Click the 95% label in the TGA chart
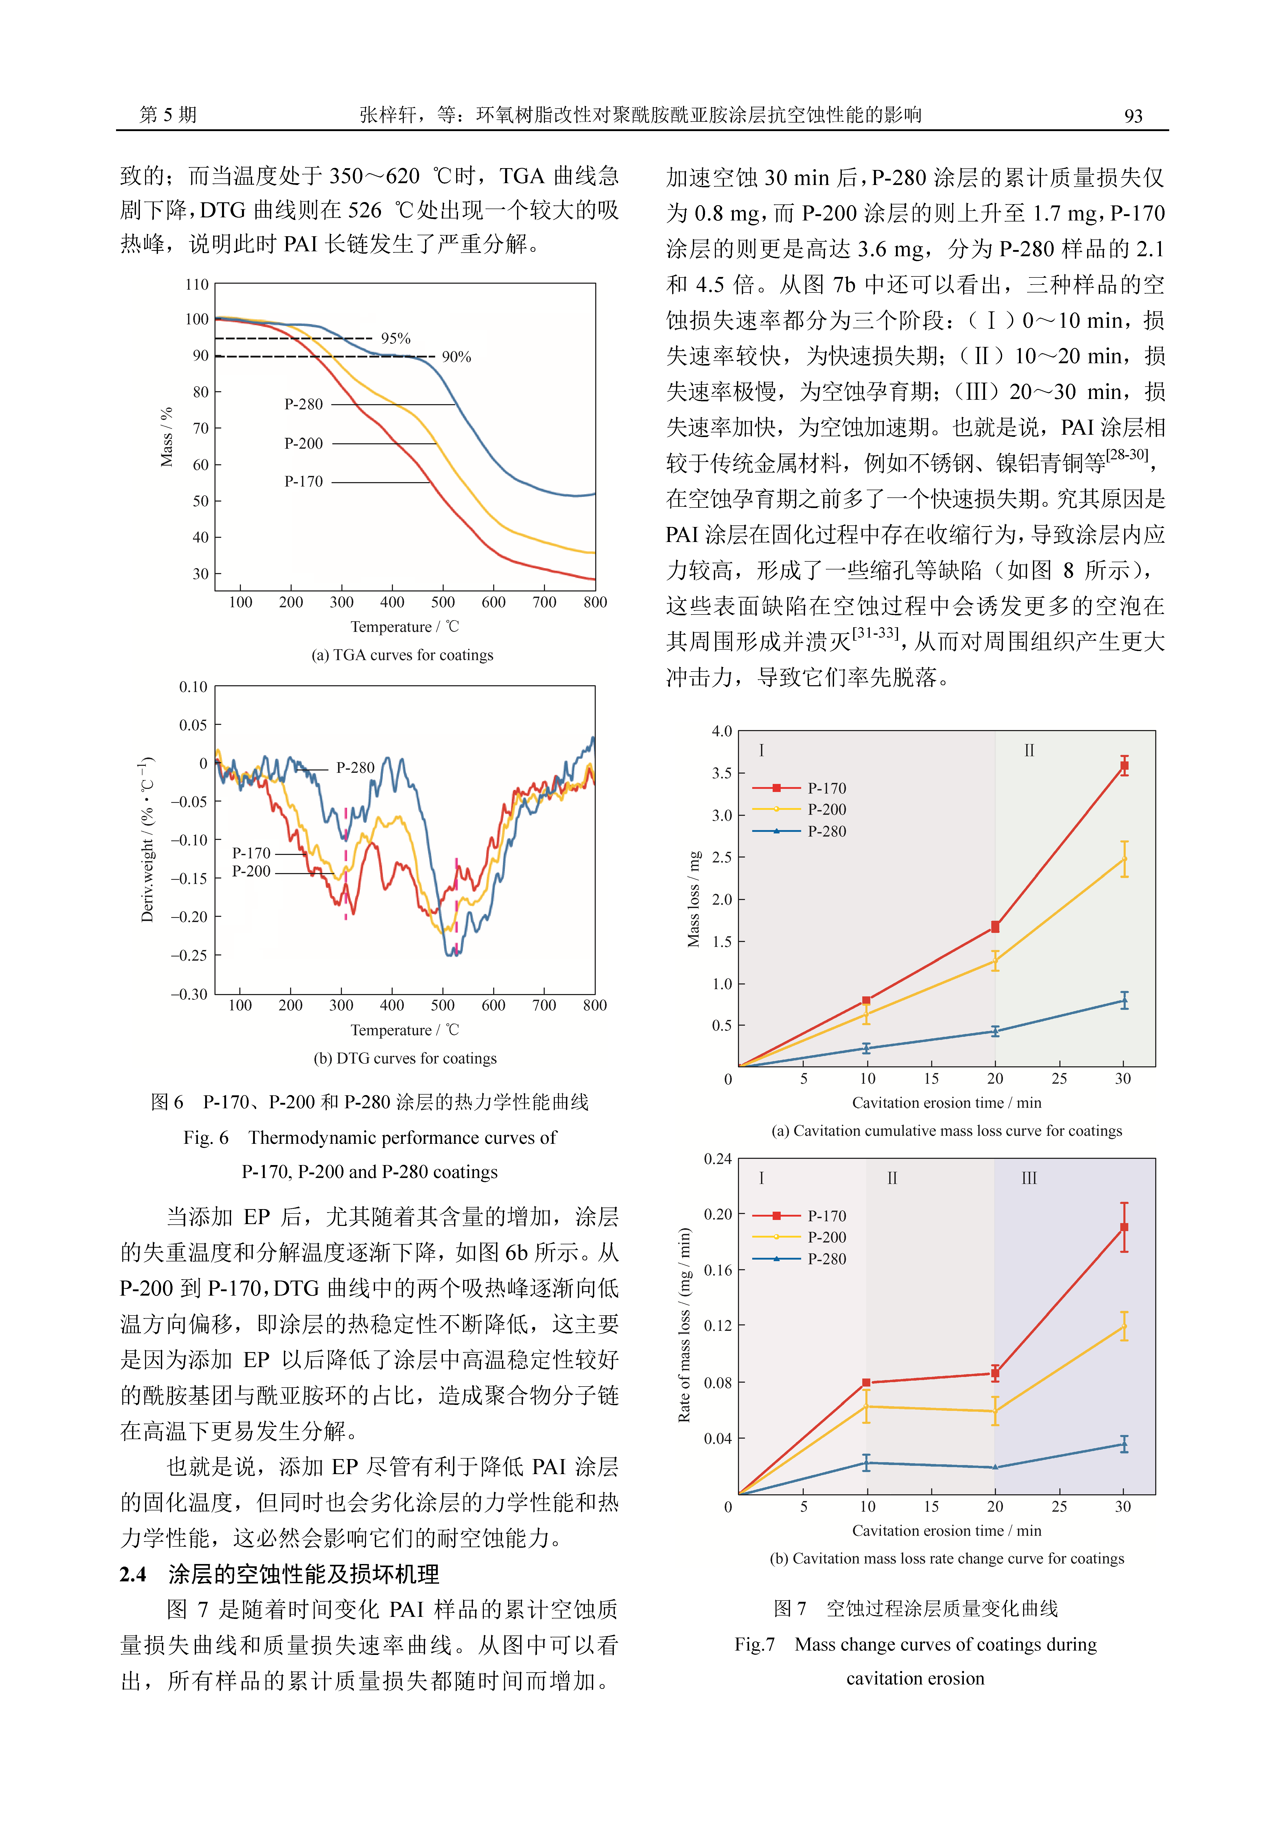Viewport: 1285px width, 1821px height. click(395, 339)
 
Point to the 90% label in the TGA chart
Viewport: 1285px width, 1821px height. click(456, 357)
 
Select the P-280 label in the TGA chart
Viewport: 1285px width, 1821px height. click(304, 404)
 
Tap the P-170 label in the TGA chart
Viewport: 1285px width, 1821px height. click(304, 481)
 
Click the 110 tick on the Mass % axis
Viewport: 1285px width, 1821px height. click(197, 284)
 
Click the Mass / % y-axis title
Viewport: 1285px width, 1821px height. click(167, 437)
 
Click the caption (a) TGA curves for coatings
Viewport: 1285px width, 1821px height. click(402, 655)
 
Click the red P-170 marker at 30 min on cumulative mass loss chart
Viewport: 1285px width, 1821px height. click(1124, 766)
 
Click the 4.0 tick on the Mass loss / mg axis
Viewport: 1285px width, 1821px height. click(722, 731)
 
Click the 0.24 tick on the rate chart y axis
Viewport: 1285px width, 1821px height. click(718, 1159)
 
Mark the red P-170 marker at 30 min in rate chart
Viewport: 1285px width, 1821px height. click(1124, 1227)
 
